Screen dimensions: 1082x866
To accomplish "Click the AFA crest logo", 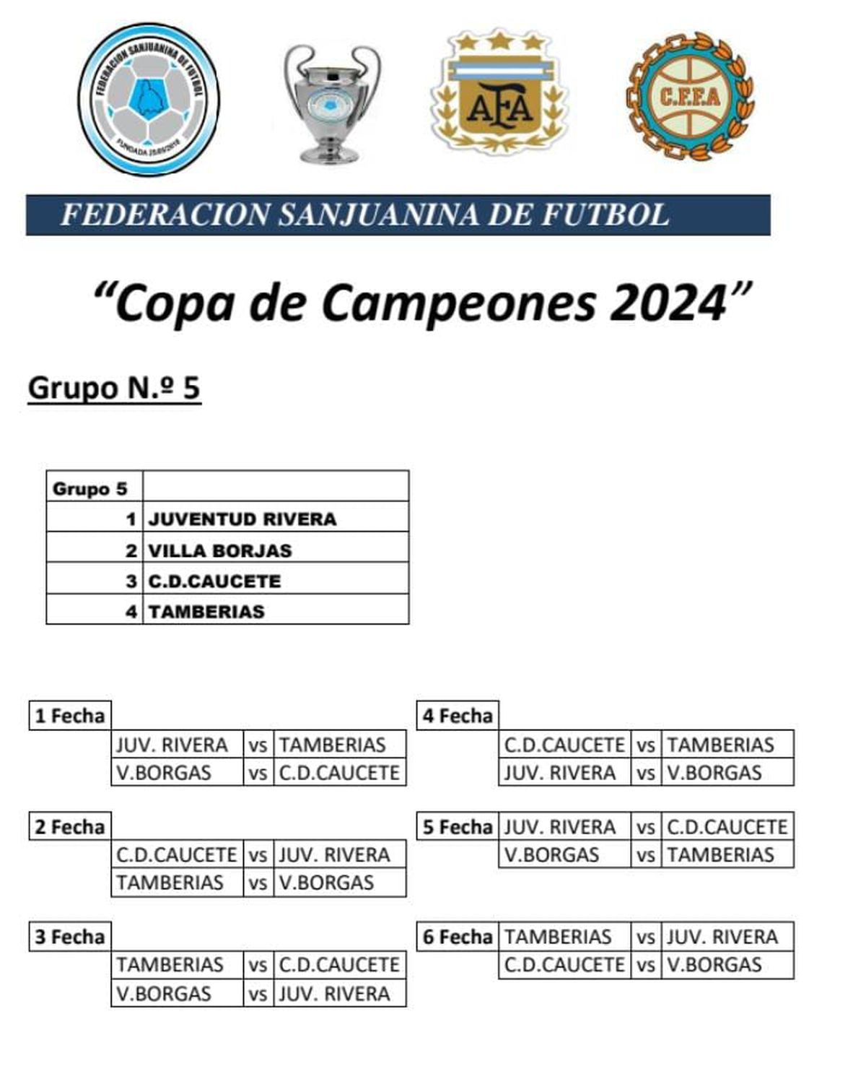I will tap(499, 92).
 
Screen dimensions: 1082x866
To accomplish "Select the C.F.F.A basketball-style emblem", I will tap(690, 96).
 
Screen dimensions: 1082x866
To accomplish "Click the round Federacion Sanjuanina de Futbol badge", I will tap(149, 99).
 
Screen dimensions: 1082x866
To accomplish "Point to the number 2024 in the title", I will tap(668, 303).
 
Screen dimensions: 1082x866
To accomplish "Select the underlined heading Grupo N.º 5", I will tap(114, 388).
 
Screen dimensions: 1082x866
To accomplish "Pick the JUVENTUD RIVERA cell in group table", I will tap(242, 519).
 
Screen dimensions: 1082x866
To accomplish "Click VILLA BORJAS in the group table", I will tap(220, 550).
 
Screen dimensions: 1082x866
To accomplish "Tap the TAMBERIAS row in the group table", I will tap(206, 611).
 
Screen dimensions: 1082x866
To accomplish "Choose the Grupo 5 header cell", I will tap(90, 489).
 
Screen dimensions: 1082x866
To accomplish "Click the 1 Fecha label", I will tap(70, 716).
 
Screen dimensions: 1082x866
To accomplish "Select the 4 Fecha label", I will tap(458, 716).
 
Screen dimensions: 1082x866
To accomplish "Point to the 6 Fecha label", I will tap(458, 937).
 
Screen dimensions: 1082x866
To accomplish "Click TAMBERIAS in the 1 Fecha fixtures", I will tap(333, 745).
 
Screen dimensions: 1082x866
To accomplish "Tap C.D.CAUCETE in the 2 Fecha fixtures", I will tap(177, 854).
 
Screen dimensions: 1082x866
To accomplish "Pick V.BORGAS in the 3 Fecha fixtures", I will tap(164, 993).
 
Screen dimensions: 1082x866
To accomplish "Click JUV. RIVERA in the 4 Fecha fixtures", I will tap(560, 772).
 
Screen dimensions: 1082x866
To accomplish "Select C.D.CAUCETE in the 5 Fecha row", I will tap(727, 827).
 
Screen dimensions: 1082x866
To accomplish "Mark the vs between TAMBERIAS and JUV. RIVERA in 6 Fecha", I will tap(645, 938).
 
